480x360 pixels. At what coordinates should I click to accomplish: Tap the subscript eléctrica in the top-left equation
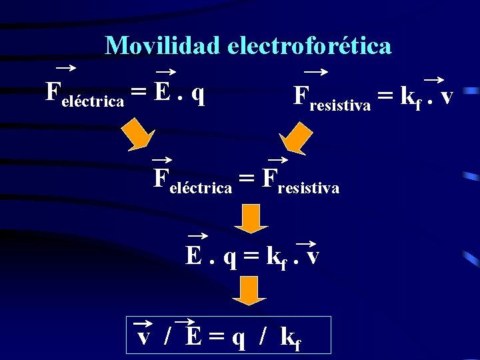coord(93,101)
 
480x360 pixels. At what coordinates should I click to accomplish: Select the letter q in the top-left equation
coord(197,94)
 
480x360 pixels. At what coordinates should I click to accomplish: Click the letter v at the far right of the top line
coord(447,96)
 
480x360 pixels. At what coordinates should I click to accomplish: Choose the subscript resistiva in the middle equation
coord(309,189)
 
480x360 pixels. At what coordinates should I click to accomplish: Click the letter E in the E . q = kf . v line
coord(195,255)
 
